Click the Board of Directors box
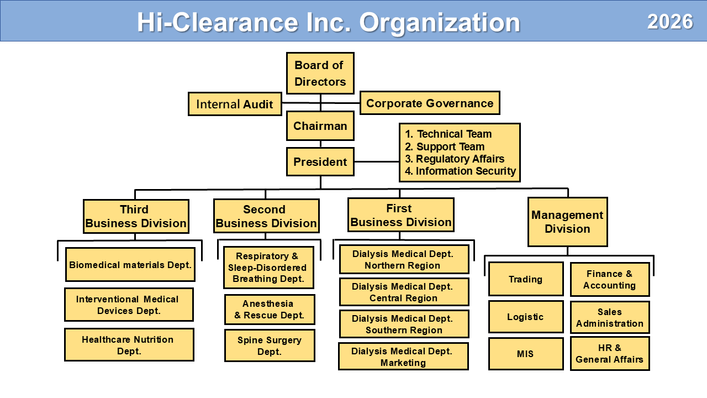click(x=320, y=73)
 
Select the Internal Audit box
click(x=235, y=104)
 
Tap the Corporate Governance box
click(x=430, y=103)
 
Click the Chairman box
click(x=320, y=126)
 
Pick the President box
click(x=320, y=162)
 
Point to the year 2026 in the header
click(x=670, y=22)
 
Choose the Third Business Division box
click(x=136, y=217)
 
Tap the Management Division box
click(x=567, y=222)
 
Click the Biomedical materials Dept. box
click(x=130, y=265)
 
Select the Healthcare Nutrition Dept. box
click(x=129, y=345)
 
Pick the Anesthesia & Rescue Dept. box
click(x=270, y=310)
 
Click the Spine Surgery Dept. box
click(x=270, y=345)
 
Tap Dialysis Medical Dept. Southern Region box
click(x=404, y=324)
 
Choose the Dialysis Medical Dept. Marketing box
click(x=403, y=357)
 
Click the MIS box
click(x=525, y=353)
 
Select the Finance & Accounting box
click(x=609, y=279)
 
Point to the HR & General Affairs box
click(x=609, y=353)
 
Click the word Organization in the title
click(x=440, y=23)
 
